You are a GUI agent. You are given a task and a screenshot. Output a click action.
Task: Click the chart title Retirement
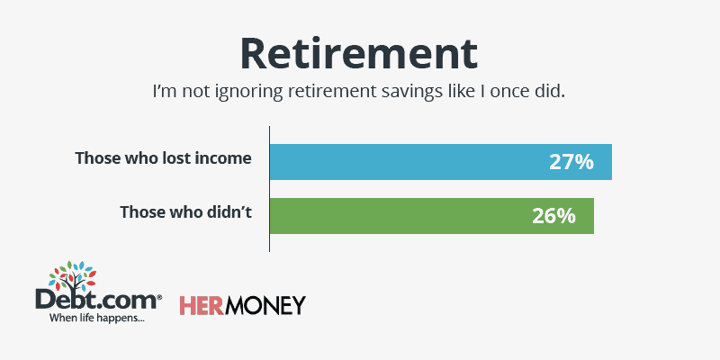click(358, 54)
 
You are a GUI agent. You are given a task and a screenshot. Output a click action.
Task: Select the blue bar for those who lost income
click(441, 162)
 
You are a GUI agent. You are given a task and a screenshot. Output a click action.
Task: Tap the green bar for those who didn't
click(432, 216)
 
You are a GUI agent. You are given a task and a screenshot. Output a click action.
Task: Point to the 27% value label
click(571, 162)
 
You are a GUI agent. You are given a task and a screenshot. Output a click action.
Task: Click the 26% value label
click(553, 216)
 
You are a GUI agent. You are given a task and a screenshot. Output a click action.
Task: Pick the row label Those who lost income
click(164, 158)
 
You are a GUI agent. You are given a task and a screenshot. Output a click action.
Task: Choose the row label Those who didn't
click(186, 212)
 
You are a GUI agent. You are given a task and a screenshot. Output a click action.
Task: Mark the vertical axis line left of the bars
click(269, 189)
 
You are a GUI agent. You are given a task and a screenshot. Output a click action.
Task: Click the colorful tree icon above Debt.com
click(73, 277)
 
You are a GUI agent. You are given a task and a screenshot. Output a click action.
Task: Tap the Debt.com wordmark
click(98, 301)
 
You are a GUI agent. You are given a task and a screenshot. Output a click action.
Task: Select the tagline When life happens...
click(97, 318)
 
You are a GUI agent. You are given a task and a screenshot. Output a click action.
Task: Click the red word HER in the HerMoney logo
click(201, 306)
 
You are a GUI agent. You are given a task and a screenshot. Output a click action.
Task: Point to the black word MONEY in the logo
click(265, 306)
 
